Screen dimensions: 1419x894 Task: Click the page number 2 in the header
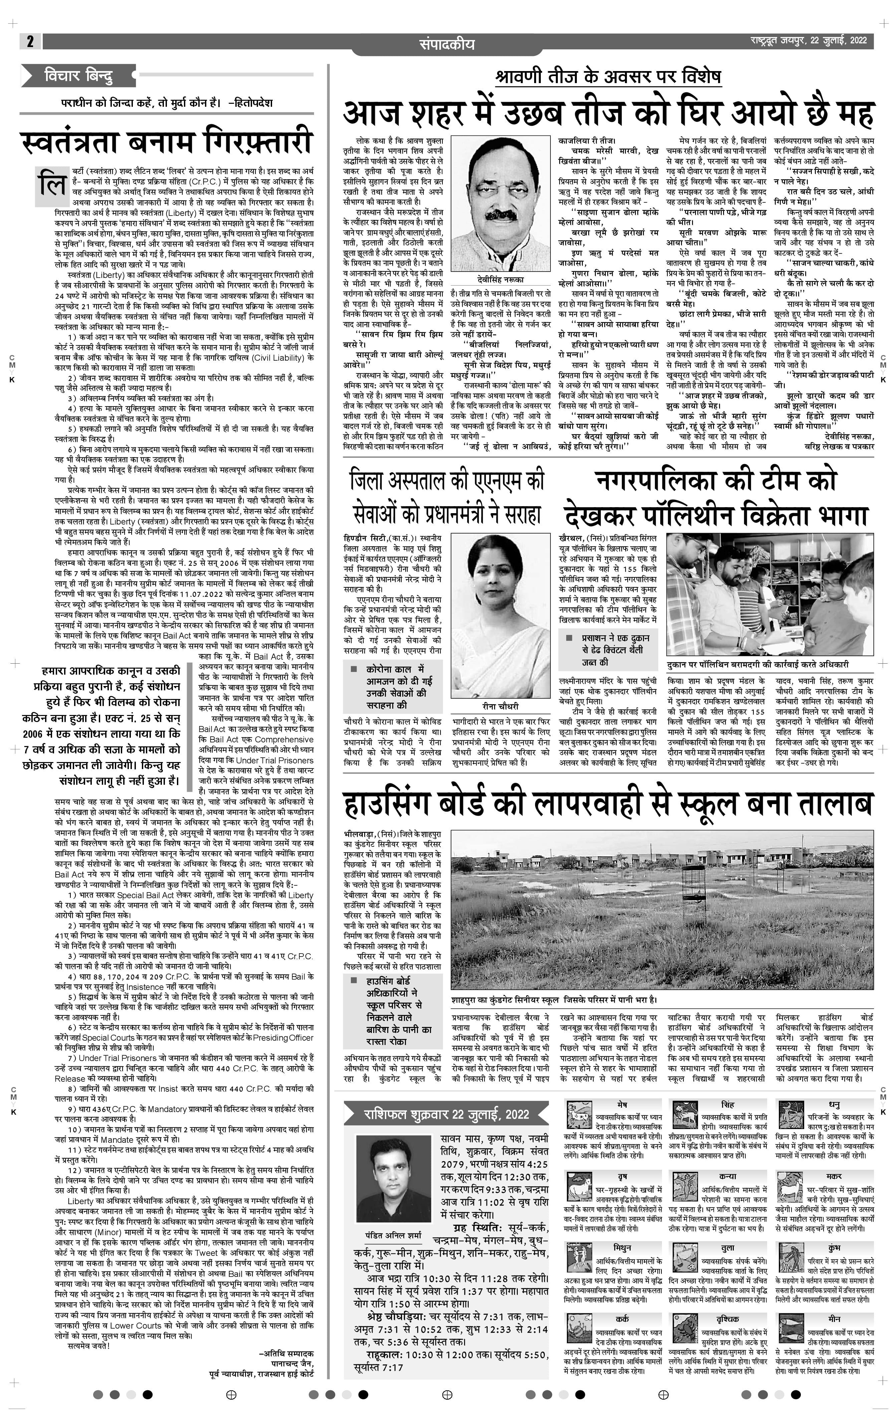(29, 41)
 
